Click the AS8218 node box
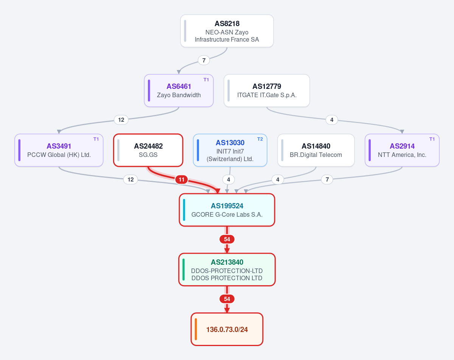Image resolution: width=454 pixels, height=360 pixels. pyautogui.click(x=227, y=31)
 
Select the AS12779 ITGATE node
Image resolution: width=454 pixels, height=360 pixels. pyautogui.click(x=267, y=90)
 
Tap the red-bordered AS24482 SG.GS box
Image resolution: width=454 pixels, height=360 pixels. pyautogui.click(x=148, y=150)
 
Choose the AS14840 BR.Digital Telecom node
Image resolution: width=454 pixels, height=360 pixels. pyautogui.click(x=316, y=150)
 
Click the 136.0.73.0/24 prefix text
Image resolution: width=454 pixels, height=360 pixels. pyautogui.click(x=227, y=329)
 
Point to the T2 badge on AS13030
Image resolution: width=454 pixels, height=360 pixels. pyautogui.click(x=260, y=139)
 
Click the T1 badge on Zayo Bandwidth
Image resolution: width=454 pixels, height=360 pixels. pyautogui.click(x=206, y=80)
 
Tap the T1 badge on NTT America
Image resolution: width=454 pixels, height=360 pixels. pyautogui.click(x=432, y=139)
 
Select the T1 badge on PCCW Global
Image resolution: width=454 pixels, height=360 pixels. pyautogui.click(x=96, y=139)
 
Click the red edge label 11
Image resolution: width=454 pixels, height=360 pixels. pyautogui.click(x=182, y=180)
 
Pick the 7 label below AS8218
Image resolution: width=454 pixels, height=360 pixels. pyautogui.click(x=204, y=61)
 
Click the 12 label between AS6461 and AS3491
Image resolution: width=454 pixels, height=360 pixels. pyautogui.click(x=121, y=120)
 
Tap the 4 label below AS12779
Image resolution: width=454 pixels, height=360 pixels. pyautogui.click(x=332, y=120)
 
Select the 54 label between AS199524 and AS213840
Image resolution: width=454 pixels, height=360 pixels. pyautogui.click(x=227, y=239)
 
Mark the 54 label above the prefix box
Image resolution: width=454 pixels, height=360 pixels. pyautogui.click(x=227, y=299)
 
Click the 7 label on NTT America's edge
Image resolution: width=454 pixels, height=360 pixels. pyautogui.click(x=327, y=180)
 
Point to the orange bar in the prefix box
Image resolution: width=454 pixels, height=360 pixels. pyautogui.click(x=196, y=329)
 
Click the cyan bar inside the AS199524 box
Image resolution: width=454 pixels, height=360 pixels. pyautogui.click(x=184, y=210)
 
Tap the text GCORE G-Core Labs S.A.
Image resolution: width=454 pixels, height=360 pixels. pyautogui.click(x=227, y=214)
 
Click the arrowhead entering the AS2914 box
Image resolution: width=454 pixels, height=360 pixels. pyautogui.click(x=402, y=132)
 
